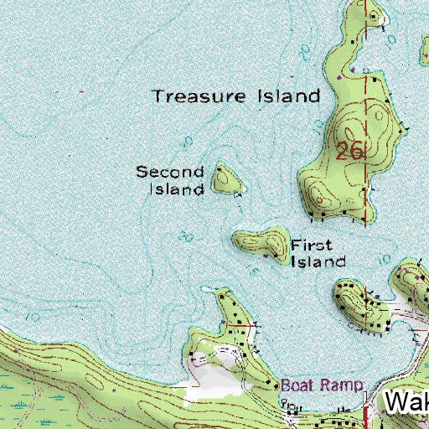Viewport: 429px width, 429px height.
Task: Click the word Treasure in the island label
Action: (x=191, y=96)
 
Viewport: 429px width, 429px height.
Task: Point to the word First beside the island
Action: (x=312, y=246)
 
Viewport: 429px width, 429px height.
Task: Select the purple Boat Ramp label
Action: (x=323, y=386)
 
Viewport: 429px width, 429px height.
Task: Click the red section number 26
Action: (x=349, y=152)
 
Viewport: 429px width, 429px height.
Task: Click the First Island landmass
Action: (x=260, y=243)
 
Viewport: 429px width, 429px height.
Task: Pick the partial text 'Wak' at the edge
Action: (x=407, y=403)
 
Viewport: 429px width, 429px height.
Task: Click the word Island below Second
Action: (x=177, y=189)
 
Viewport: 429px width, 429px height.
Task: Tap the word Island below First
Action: (x=318, y=261)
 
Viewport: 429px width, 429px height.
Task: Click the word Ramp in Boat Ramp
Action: (x=346, y=386)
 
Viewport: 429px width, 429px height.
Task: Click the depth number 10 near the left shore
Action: (x=32, y=318)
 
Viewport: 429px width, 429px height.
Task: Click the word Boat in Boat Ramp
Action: (x=297, y=386)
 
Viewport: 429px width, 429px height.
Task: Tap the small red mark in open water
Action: (x=81, y=90)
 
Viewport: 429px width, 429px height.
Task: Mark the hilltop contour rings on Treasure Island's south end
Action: (x=319, y=198)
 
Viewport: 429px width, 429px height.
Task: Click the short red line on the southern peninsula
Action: (x=250, y=323)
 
